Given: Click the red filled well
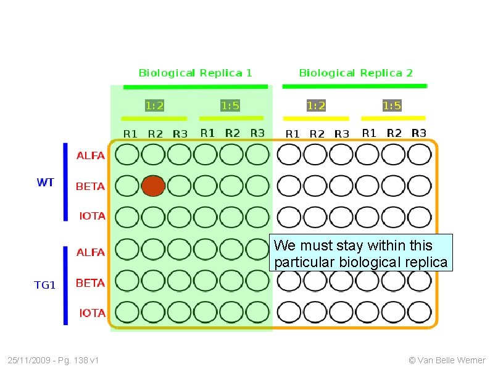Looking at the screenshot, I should click(x=153, y=186).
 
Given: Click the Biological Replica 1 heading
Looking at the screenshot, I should click(x=195, y=73).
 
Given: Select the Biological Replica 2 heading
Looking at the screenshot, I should click(x=355, y=73).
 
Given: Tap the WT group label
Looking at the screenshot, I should click(x=45, y=183).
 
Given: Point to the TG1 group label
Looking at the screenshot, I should click(x=44, y=285).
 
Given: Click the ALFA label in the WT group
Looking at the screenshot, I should click(x=90, y=155).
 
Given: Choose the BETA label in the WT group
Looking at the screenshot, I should click(x=90, y=186).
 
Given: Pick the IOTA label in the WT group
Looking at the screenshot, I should click(x=92, y=216).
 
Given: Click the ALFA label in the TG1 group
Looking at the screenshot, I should click(x=90, y=252).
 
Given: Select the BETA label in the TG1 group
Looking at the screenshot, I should click(x=90, y=283).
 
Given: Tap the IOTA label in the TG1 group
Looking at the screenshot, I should click(x=92, y=313).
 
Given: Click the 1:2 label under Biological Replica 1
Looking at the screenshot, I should click(x=154, y=105).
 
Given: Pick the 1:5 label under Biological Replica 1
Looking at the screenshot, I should click(x=230, y=105).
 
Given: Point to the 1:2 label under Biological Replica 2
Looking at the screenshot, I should click(x=316, y=105).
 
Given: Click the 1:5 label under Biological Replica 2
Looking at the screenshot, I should click(x=392, y=105).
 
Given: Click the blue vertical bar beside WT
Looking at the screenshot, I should click(x=65, y=182).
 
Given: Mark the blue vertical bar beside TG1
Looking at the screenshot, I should click(x=65, y=285).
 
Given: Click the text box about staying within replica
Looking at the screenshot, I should click(x=360, y=254).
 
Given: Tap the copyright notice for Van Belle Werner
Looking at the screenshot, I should click(x=447, y=360).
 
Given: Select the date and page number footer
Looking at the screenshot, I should click(x=54, y=360).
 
